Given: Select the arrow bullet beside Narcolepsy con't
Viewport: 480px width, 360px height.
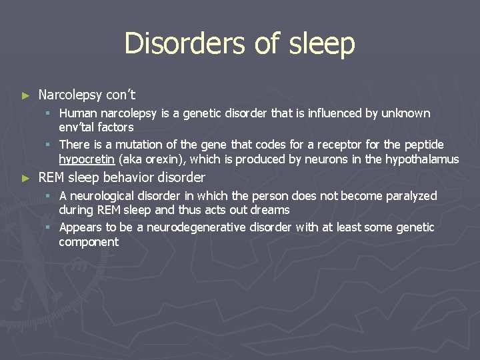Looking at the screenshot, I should tap(26, 96).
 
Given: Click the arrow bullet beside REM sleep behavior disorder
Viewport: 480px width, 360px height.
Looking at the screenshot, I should tap(26, 179).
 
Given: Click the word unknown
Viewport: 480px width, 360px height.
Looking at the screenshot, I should tap(406, 113).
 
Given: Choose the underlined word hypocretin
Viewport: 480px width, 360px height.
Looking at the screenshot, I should tap(87, 159).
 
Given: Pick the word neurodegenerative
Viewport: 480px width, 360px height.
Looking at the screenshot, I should tap(204, 227).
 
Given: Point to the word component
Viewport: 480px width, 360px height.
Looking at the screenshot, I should tap(89, 241).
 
